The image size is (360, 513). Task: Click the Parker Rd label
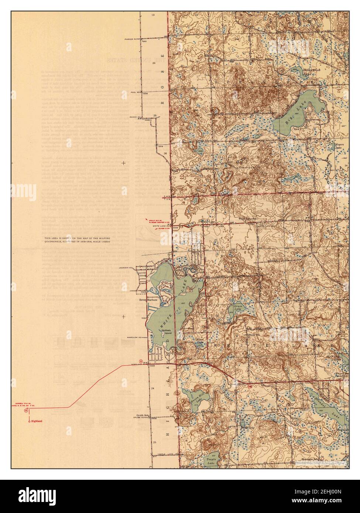tap(131, 38)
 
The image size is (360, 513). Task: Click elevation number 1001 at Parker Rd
tap(144, 42)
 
